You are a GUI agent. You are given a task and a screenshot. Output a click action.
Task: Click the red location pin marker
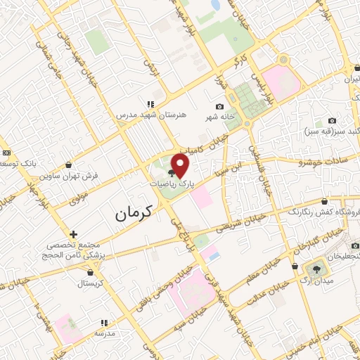[181, 165]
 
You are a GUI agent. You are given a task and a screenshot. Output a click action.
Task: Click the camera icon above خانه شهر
[219, 106]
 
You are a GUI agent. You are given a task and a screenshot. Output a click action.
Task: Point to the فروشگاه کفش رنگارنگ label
[323, 210]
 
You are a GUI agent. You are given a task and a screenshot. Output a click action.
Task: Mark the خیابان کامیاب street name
[204, 149]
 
